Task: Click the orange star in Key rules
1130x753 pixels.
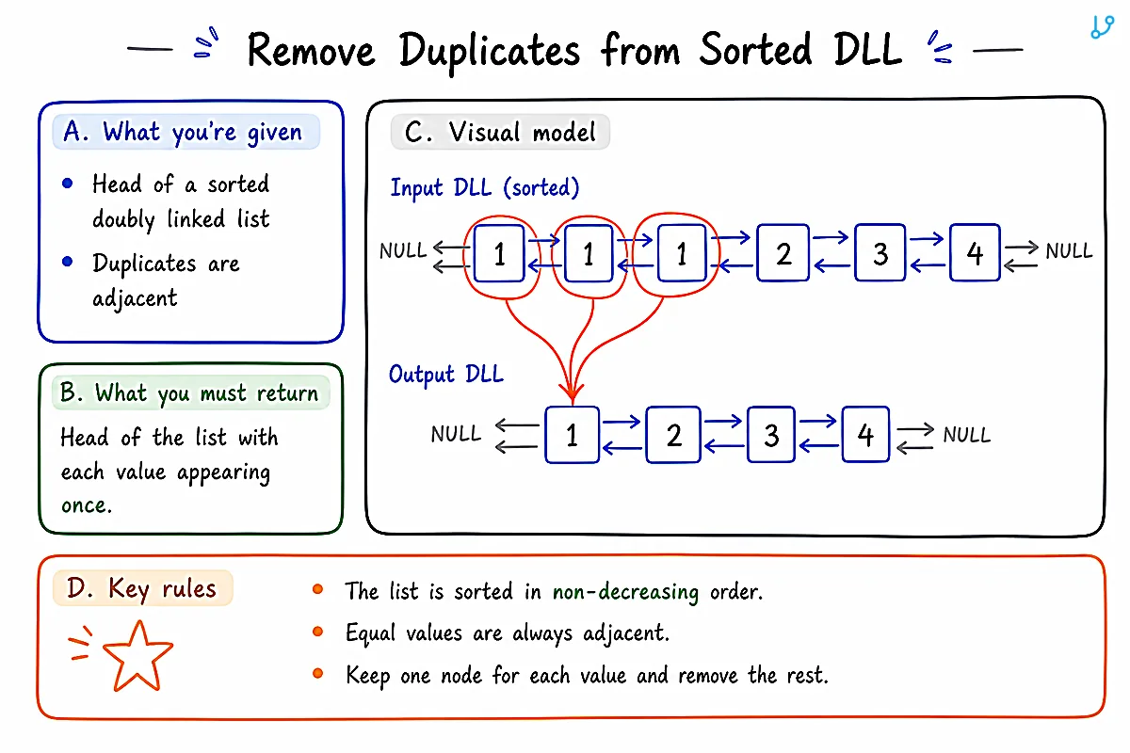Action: tap(137, 656)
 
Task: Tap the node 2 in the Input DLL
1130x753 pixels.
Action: tap(783, 252)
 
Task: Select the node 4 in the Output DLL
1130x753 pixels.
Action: tap(865, 434)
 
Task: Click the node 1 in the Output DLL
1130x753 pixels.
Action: tap(573, 434)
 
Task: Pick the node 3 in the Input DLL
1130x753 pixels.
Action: tap(880, 252)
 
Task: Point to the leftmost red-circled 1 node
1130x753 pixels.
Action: tap(499, 253)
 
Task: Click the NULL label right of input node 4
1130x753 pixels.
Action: tap(1069, 250)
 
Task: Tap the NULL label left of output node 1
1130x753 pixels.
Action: tap(456, 434)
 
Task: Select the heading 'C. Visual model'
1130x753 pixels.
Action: tap(500, 132)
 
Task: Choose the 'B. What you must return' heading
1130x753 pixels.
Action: tap(190, 393)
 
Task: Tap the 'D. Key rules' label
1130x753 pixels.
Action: tap(142, 588)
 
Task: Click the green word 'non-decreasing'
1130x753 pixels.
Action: tap(625, 592)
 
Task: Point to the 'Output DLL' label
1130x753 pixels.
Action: tap(446, 375)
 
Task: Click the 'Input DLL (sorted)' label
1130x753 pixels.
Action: tap(485, 187)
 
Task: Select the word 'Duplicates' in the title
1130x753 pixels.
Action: tap(490, 51)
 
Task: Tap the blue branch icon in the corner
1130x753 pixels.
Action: tap(1102, 27)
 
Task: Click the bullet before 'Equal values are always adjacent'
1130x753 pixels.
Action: tap(317, 632)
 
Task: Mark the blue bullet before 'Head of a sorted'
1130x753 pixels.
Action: tap(67, 184)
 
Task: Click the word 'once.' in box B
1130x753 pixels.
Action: tap(87, 505)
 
